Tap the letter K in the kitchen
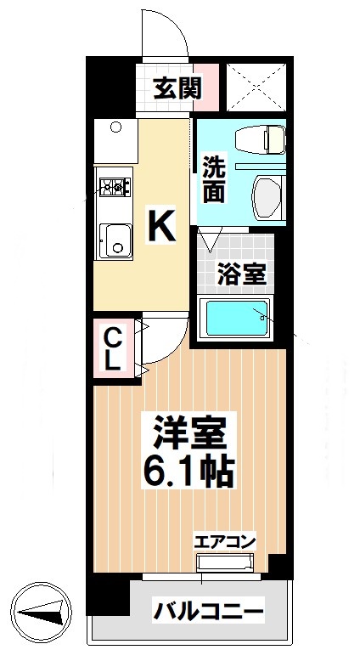pyautogui.click(x=162, y=226)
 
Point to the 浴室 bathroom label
pyautogui.click(x=240, y=274)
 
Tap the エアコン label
pyautogui.click(x=225, y=541)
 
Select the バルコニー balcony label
pyautogui.click(x=207, y=610)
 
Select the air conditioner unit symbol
pyautogui.click(x=225, y=562)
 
